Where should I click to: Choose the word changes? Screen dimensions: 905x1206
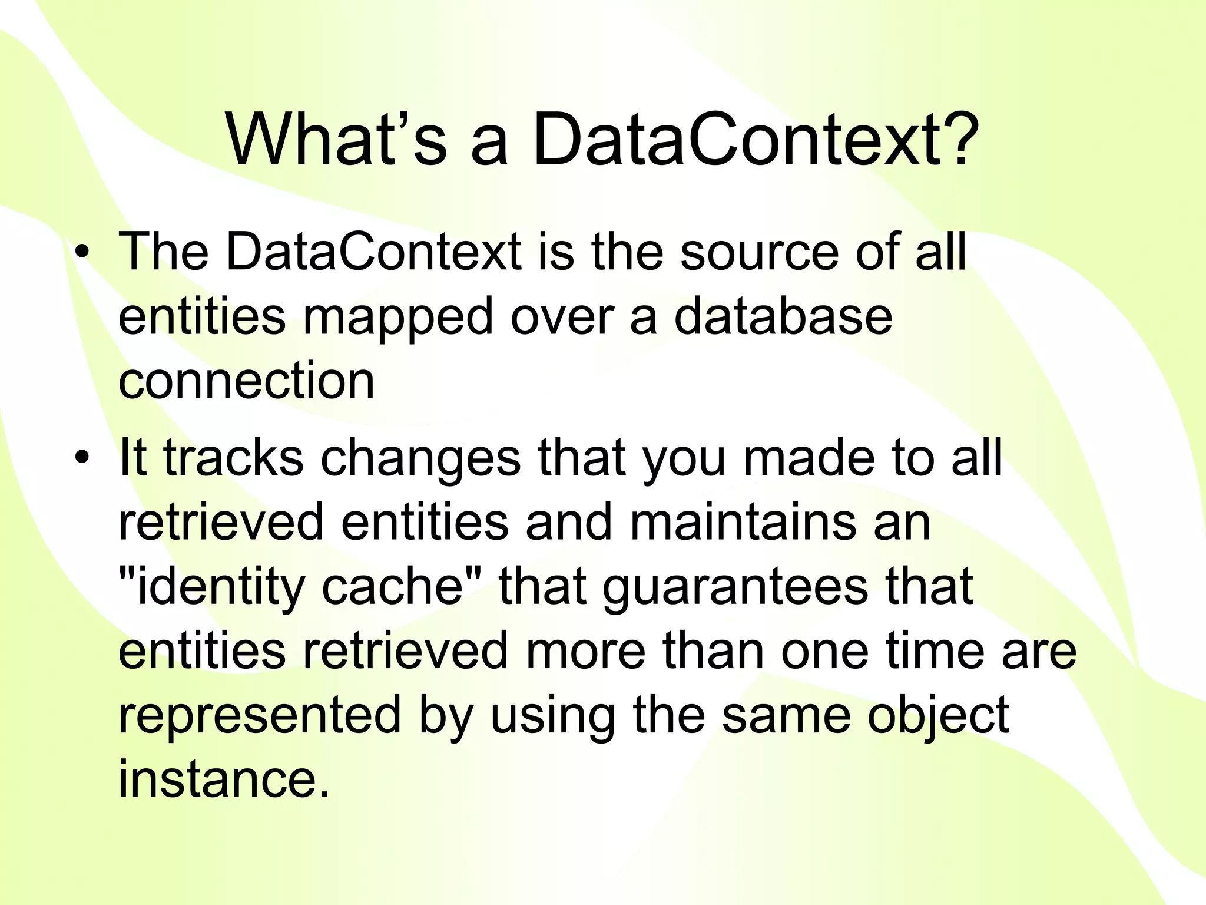pyautogui.click(x=420, y=460)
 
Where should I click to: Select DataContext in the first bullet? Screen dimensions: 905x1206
pyautogui.click(x=373, y=252)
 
